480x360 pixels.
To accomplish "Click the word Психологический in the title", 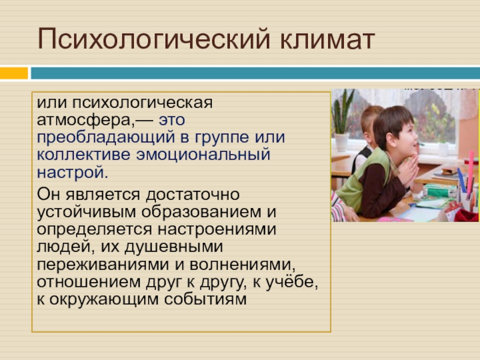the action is (x=154, y=39).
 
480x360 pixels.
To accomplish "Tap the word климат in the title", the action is (x=327, y=39).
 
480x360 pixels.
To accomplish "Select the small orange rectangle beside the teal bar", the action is (x=14, y=73).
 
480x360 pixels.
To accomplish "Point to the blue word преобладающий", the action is (x=106, y=137).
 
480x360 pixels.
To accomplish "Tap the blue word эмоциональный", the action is (x=203, y=154).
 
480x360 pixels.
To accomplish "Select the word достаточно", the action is (x=193, y=194).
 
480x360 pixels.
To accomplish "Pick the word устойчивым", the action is (x=86, y=212).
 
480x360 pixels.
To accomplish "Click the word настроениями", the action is (x=217, y=230).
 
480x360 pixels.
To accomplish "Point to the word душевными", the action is (x=173, y=247).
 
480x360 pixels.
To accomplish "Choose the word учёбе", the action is (x=292, y=281).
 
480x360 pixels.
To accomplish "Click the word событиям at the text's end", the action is (x=205, y=299).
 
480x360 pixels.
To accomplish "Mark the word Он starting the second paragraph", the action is (x=49, y=194).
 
